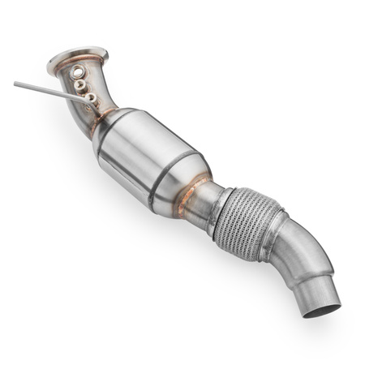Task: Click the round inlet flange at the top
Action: (77, 58)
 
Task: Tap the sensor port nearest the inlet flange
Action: (77, 72)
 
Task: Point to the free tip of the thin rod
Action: (15, 82)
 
